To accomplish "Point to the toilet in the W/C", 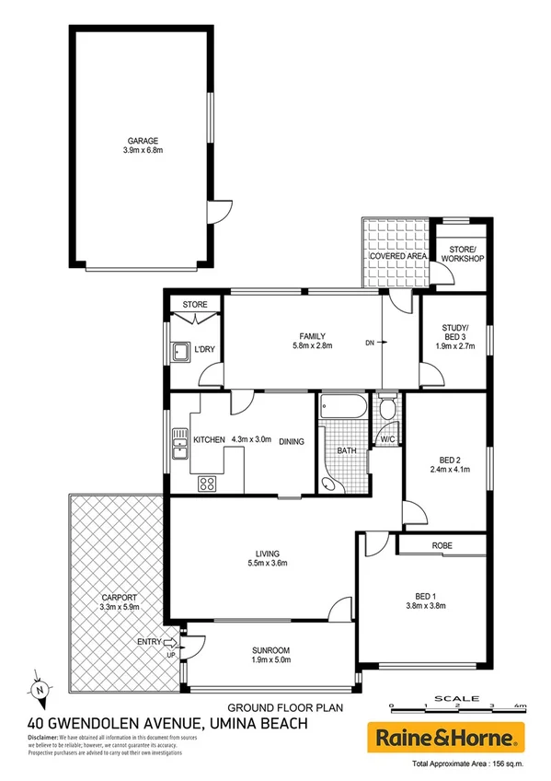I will click(387, 407).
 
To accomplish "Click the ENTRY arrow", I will click(169, 642).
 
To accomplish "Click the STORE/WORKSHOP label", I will click(462, 254).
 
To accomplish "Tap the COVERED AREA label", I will click(396, 255).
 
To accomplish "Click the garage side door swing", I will click(219, 214).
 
